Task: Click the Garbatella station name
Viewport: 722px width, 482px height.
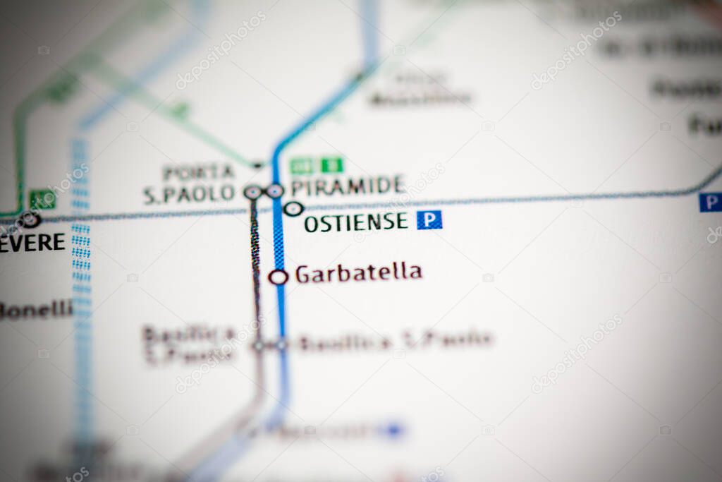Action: coord(358,273)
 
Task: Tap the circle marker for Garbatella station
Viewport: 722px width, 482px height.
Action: coord(279,277)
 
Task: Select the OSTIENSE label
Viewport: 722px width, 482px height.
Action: coord(356,222)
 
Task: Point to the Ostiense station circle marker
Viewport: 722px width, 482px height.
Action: coord(293,209)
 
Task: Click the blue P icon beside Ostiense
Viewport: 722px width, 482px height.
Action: coord(429,220)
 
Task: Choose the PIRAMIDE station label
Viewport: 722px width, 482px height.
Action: coord(348,186)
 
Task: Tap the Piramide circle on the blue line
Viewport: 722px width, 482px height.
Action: coord(275,191)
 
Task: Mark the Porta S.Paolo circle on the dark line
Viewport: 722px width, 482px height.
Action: coord(252,191)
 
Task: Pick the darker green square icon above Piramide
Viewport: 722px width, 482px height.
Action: coord(332,165)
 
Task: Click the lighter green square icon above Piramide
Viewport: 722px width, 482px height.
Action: coord(301,166)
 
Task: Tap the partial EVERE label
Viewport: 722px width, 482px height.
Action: coord(32,242)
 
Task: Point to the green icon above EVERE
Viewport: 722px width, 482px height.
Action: coord(42,200)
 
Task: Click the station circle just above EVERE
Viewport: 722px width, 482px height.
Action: coord(30,219)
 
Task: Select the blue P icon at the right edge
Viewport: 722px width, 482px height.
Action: coord(710,203)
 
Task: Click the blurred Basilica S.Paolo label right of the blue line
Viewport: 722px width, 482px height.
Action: coord(395,342)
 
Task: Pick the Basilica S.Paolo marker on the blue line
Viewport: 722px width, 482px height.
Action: coord(281,345)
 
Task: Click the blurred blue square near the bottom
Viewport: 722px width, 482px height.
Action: coord(393,428)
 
